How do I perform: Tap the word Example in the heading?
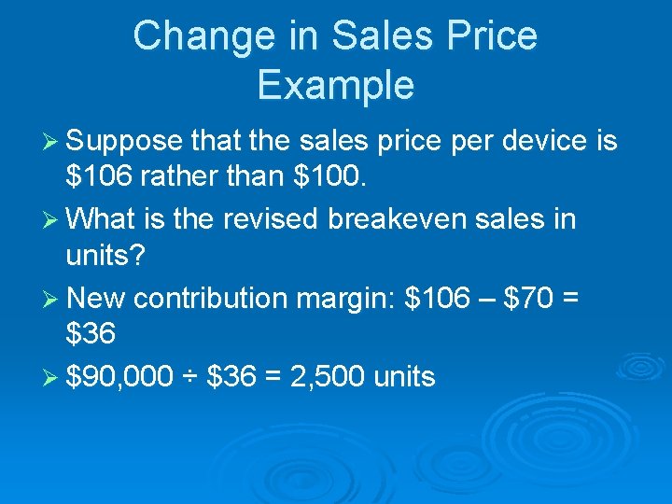pos(335,85)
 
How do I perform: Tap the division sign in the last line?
pos(190,377)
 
